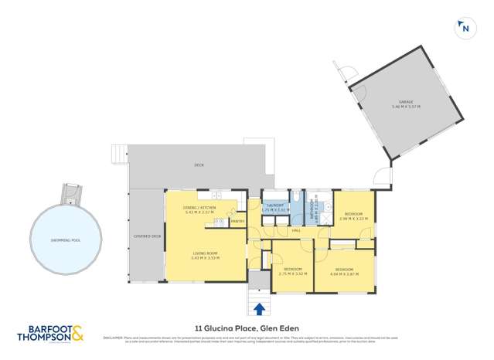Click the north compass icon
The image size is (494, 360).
(465, 29)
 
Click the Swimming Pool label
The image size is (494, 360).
(66, 239)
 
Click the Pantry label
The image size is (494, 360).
(238, 222)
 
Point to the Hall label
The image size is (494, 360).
(296, 229)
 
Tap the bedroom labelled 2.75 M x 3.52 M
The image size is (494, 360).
(293, 271)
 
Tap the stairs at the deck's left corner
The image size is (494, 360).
(118, 155)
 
